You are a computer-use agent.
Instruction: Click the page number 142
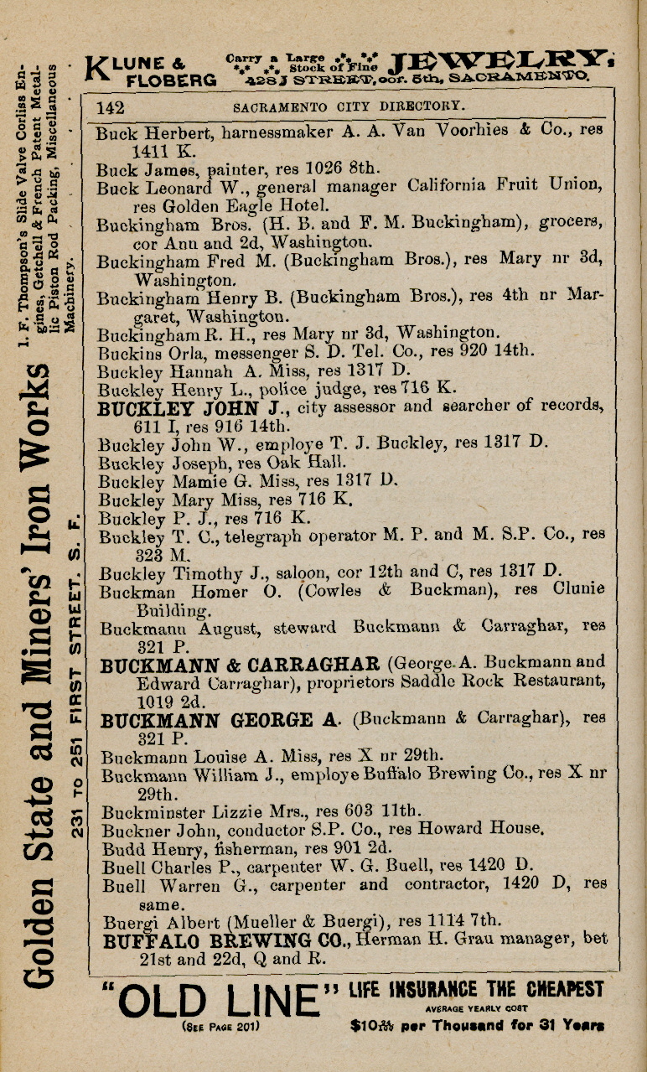pyautogui.click(x=110, y=107)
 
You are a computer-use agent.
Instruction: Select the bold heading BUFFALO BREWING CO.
pyautogui.click(x=224, y=941)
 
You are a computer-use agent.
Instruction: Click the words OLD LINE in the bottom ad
pyautogui.click(x=221, y=999)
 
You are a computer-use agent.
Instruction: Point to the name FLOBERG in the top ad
pyautogui.click(x=171, y=80)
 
